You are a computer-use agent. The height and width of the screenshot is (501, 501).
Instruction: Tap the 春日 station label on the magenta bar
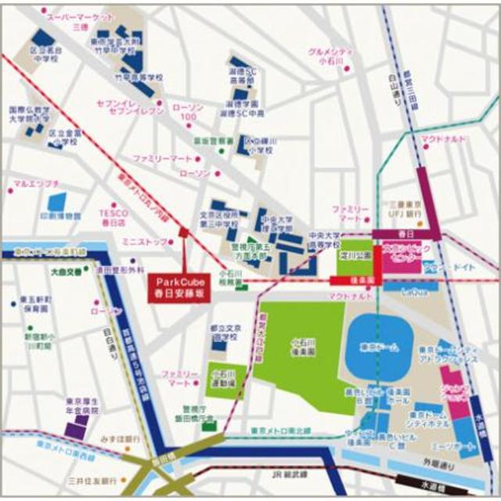(405, 233)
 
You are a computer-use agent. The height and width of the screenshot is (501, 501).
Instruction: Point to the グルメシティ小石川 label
(331, 57)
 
